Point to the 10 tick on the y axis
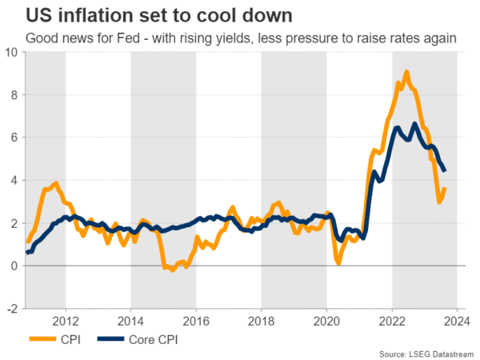pos(11,52)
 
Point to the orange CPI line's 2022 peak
pos(406,72)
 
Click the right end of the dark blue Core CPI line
pos(445,170)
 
